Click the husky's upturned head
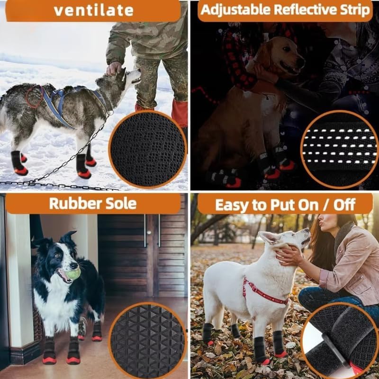(130, 76)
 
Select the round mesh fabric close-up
(148, 150)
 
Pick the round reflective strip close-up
(339, 149)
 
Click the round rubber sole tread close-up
(148, 341)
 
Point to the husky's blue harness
(64, 102)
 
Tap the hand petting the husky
(114, 68)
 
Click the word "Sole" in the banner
(118, 203)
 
